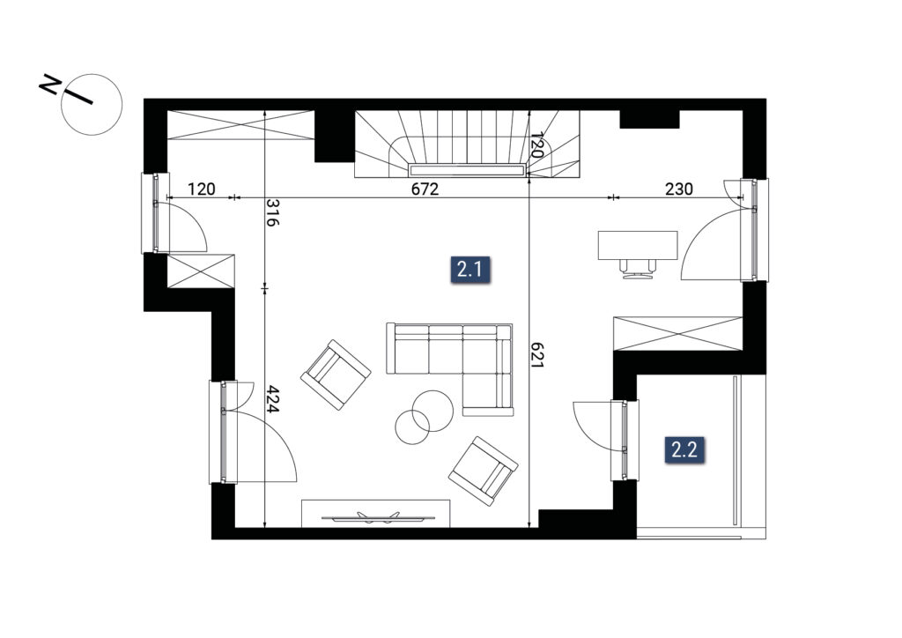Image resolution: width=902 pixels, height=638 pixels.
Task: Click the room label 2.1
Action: [469, 270]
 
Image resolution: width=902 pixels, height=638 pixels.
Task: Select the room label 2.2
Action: [684, 449]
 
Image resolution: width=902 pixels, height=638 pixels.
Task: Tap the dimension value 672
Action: [425, 189]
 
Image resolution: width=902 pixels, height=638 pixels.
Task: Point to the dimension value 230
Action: [679, 189]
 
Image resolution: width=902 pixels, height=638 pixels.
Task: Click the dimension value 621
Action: [536, 355]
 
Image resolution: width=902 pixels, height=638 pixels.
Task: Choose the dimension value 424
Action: [273, 399]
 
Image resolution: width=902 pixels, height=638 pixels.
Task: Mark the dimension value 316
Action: [273, 213]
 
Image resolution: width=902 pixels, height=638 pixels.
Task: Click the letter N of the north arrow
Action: [50, 86]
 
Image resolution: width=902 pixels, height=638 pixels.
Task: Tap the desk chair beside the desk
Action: [638, 270]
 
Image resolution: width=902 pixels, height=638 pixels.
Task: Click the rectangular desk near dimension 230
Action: [638, 246]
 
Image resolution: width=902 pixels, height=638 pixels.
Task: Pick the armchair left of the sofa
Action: [336, 375]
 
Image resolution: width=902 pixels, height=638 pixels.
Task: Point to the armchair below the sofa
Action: [484, 471]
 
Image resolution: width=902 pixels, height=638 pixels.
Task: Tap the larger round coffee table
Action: [433, 411]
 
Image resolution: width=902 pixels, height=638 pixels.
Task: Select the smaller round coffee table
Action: [412, 427]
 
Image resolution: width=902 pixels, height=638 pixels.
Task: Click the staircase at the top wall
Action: [467, 144]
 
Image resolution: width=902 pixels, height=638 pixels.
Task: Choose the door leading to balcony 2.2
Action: [625, 440]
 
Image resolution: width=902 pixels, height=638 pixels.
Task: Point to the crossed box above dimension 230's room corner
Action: [678, 333]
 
